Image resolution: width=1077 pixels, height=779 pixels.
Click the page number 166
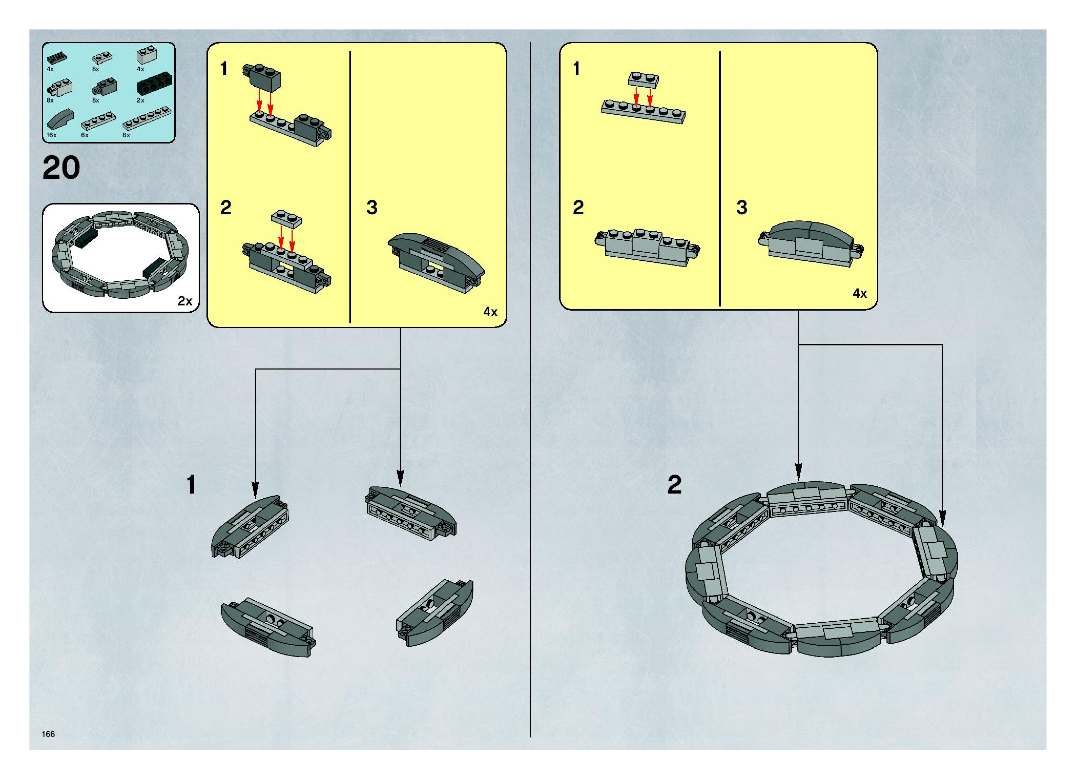[x=48, y=734]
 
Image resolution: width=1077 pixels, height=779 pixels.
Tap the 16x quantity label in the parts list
[x=51, y=135]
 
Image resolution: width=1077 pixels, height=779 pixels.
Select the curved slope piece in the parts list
[x=60, y=120]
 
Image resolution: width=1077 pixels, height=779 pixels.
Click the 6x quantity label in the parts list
[x=85, y=135]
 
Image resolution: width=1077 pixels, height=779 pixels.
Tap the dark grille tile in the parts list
[x=57, y=58]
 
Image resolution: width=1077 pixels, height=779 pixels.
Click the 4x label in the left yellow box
[x=491, y=312]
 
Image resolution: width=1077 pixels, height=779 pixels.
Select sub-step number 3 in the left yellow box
[x=372, y=208]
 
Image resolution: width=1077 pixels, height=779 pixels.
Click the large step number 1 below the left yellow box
[x=191, y=485]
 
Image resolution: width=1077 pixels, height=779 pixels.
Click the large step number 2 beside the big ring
[x=674, y=485]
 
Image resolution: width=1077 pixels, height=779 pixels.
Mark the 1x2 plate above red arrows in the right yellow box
[x=644, y=79]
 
